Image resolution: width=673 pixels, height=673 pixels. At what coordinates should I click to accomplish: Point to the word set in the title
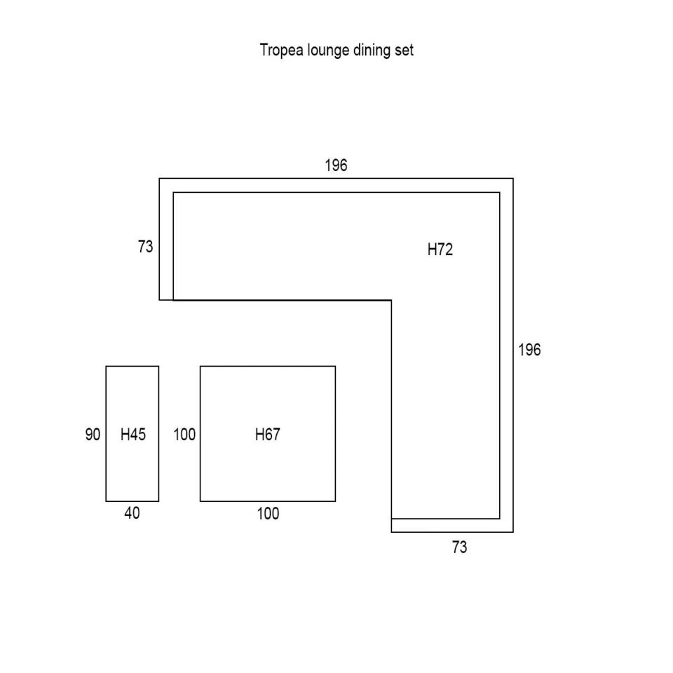[404, 50]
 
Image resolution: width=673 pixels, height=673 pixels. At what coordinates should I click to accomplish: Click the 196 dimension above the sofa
[336, 165]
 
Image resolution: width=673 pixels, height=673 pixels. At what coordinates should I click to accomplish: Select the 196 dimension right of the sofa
[529, 350]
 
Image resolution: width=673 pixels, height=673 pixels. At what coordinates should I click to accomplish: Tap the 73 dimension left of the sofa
[146, 247]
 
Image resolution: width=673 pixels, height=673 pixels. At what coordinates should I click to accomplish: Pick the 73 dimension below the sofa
[459, 548]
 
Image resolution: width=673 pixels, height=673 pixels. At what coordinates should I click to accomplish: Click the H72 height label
[440, 250]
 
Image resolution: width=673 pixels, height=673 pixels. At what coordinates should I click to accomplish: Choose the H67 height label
[267, 435]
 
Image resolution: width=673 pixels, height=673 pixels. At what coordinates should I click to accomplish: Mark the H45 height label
[133, 435]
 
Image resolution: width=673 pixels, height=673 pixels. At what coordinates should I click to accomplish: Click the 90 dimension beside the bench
[93, 435]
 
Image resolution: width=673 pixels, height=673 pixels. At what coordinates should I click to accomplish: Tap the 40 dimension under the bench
[132, 513]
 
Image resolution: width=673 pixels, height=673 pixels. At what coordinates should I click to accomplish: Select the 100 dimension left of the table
[184, 435]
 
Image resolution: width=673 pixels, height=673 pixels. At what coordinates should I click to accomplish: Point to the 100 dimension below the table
[268, 514]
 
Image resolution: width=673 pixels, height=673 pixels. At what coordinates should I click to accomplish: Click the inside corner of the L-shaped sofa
[391, 300]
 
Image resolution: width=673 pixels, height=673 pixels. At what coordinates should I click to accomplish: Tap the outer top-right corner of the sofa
[513, 179]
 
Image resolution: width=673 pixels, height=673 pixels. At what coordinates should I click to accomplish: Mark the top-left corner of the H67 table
[200, 367]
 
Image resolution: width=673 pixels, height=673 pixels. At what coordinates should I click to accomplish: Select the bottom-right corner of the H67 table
[335, 501]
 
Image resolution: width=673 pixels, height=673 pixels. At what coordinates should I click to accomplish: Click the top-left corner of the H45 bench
[107, 367]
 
